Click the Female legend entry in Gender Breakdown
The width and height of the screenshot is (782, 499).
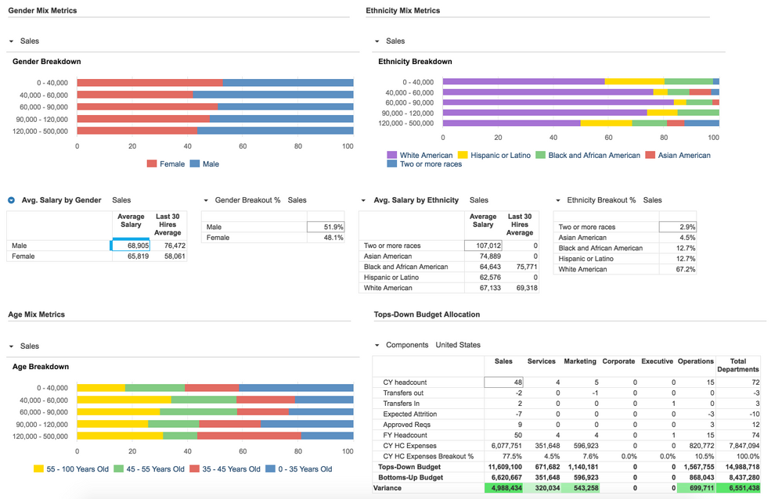pos(171,164)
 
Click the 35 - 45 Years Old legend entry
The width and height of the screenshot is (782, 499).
pos(231,469)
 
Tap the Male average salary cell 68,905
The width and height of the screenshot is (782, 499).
pos(131,246)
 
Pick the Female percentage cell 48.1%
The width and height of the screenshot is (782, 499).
pos(326,238)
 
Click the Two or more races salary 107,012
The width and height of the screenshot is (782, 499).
pos(483,246)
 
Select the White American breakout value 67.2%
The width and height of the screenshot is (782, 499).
pos(678,269)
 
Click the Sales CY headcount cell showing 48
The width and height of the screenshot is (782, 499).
pos(504,382)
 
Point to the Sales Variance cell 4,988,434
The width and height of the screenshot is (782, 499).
pos(504,488)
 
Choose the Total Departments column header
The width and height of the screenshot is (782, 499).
pos(737,364)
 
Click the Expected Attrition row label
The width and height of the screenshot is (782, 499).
pos(409,414)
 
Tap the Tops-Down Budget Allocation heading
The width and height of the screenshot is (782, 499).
pos(427,314)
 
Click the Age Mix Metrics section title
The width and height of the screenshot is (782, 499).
pos(37,314)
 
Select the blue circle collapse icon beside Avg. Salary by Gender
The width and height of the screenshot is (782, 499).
pos(12,200)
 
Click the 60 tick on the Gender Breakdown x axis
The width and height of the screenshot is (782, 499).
pos(243,146)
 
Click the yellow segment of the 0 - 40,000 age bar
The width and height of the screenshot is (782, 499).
pos(101,388)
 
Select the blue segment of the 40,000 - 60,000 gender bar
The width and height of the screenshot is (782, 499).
pos(272,95)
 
